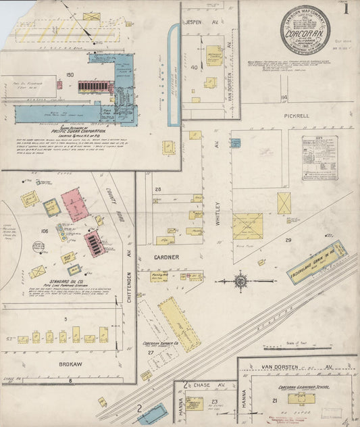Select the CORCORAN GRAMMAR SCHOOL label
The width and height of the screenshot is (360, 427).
[304, 388]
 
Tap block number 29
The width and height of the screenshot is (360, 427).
[288, 240]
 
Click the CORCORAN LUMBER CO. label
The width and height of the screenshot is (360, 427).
[159, 344]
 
